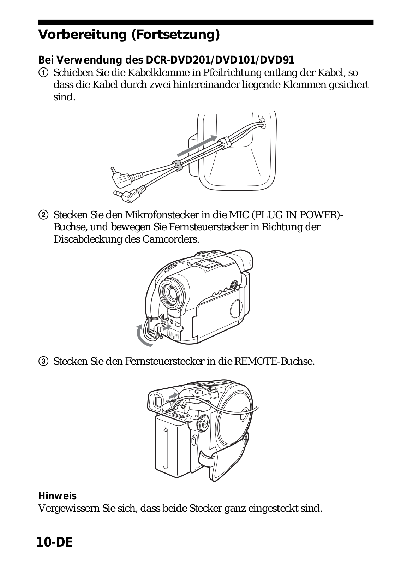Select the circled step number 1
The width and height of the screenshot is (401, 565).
click(x=42, y=73)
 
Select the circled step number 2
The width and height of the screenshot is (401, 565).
click(x=42, y=215)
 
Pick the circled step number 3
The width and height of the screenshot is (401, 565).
click(x=42, y=362)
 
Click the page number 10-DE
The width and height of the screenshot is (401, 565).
click(x=55, y=542)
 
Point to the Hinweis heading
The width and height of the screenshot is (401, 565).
click(x=57, y=496)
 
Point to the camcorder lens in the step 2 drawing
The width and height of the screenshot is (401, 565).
click(x=172, y=292)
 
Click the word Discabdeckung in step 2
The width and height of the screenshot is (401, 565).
click(x=97, y=239)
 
